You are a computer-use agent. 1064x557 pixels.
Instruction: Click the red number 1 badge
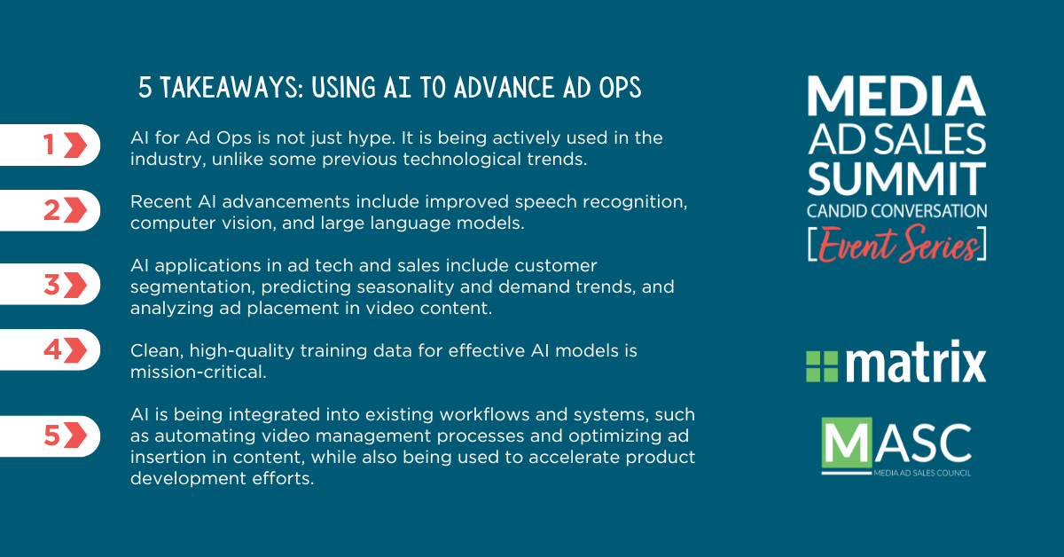pos(49,145)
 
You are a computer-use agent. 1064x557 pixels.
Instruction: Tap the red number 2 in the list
pos(51,210)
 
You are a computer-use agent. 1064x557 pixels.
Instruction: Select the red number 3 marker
pos(51,285)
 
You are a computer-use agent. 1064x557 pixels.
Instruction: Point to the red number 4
pos(52,350)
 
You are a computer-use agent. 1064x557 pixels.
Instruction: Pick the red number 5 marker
pos(51,435)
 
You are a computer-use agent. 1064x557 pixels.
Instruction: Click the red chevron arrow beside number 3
pos(75,285)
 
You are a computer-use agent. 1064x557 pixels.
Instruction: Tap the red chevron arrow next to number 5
pos(75,435)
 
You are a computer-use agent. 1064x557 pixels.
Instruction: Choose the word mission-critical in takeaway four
pos(198,372)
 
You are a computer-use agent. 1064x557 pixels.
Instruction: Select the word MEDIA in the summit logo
pos(896,96)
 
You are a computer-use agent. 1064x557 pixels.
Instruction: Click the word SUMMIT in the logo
pos(896,178)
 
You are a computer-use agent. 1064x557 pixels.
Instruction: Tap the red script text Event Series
pos(897,244)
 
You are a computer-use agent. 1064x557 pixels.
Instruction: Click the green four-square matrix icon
pos(822,366)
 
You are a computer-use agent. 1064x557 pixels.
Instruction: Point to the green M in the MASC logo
pos(847,442)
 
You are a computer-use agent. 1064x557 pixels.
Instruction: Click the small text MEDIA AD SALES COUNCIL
pos(922,473)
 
